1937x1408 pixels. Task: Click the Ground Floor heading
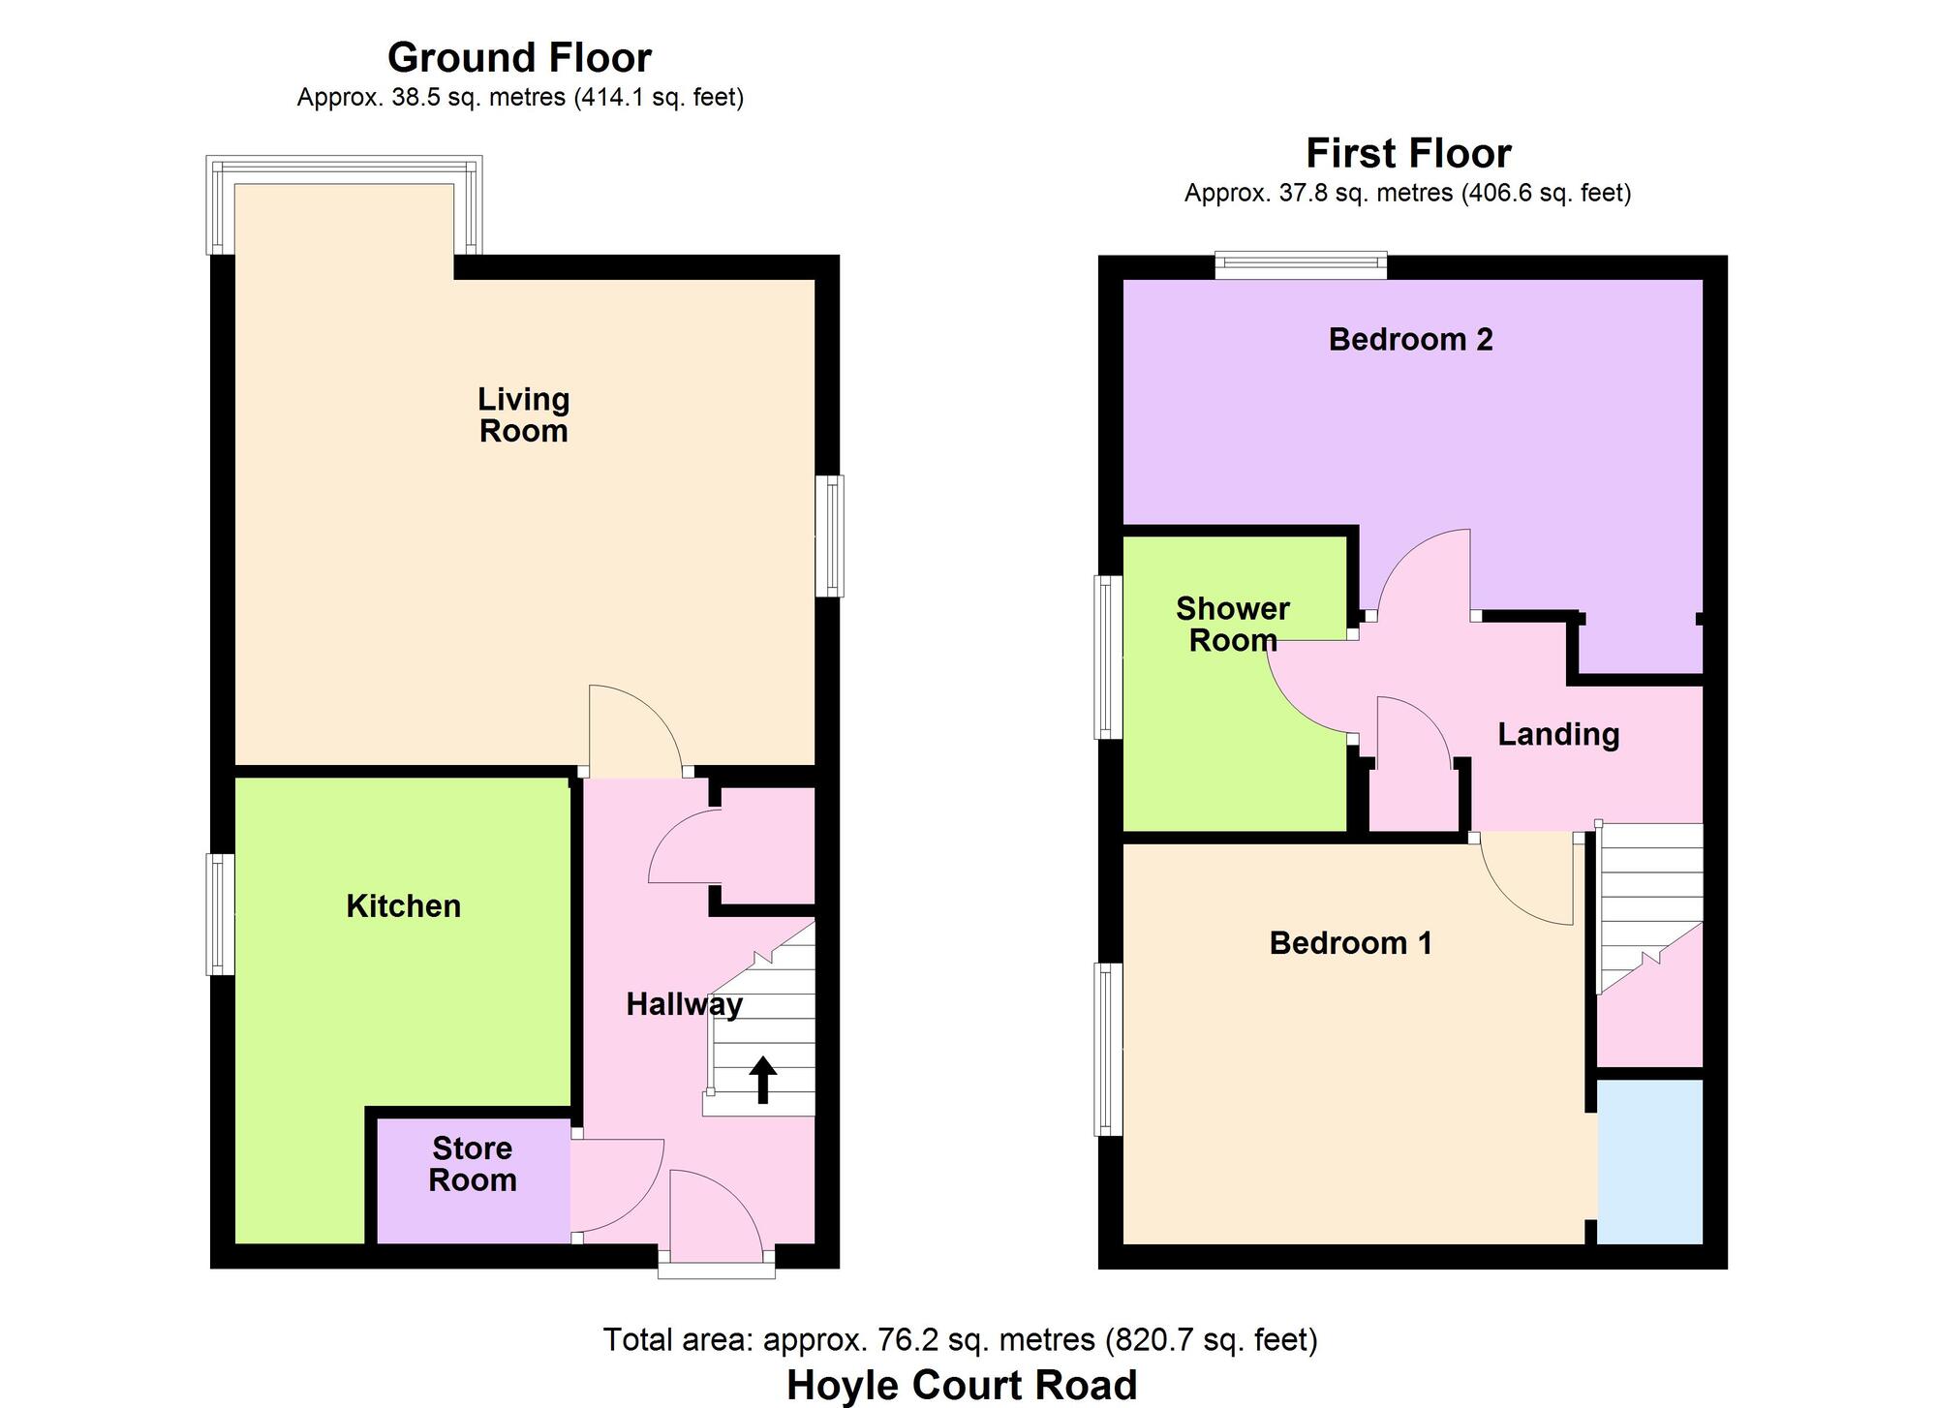(x=519, y=58)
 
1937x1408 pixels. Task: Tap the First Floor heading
(x=1408, y=153)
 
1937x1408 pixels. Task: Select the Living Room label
(x=523, y=414)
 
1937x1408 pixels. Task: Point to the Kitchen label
(x=403, y=906)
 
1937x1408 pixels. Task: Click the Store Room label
(x=473, y=1164)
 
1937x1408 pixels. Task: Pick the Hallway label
(x=684, y=1004)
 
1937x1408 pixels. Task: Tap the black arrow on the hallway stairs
(x=763, y=1080)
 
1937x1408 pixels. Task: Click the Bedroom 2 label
(x=1410, y=339)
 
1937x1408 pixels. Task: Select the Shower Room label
(x=1233, y=625)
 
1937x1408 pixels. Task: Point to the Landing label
(x=1558, y=734)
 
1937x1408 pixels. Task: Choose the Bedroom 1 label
(x=1350, y=942)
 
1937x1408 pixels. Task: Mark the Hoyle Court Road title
(x=962, y=1385)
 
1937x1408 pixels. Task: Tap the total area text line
(x=960, y=1339)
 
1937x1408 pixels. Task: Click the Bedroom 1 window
(x=1108, y=1048)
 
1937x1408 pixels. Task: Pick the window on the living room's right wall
(x=829, y=536)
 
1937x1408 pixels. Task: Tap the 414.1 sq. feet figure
(x=660, y=98)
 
